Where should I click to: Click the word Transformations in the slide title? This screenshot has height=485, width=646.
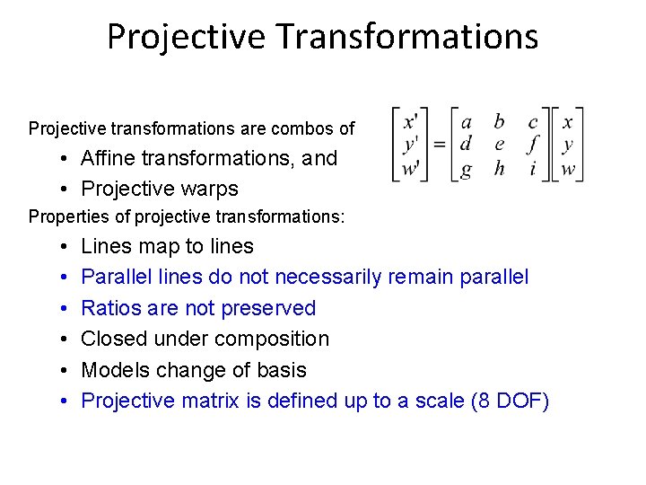pos(407,37)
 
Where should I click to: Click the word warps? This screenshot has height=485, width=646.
pos(212,189)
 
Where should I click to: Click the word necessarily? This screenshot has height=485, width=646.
pos(328,277)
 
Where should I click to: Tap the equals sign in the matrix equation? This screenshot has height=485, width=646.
pos(440,144)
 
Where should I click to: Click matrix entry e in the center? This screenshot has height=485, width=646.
pos(500,144)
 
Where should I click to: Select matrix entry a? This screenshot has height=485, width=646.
pos(467,121)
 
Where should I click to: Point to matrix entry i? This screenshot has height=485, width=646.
pos(533,168)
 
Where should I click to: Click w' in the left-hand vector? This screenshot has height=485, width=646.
pos(411,168)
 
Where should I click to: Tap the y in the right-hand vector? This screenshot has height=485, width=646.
pos(567,145)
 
